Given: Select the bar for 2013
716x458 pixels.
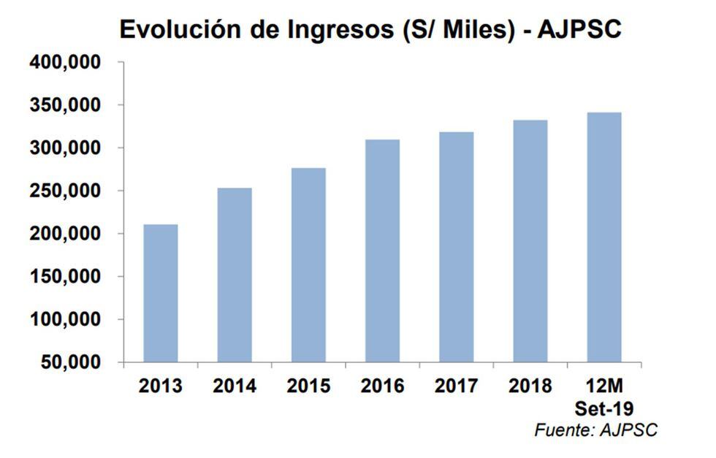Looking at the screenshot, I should (160, 293).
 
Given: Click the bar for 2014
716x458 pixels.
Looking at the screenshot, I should (234, 275).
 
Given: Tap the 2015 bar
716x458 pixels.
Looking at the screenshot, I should (308, 265).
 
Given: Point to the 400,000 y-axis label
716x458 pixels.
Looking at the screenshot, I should (65, 63).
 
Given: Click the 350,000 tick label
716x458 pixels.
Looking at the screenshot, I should (65, 106).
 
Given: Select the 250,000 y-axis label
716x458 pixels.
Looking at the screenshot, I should (65, 191).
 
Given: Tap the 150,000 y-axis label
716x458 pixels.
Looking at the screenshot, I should (65, 277).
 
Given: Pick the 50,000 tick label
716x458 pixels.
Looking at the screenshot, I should (70, 362).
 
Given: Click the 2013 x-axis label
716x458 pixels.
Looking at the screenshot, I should (161, 386).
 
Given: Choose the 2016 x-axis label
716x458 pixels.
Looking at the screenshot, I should (382, 386).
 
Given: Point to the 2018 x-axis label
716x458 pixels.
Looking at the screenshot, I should (530, 386).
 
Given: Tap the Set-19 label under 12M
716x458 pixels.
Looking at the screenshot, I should (604, 408).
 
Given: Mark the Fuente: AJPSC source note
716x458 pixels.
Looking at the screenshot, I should (595, 430).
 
